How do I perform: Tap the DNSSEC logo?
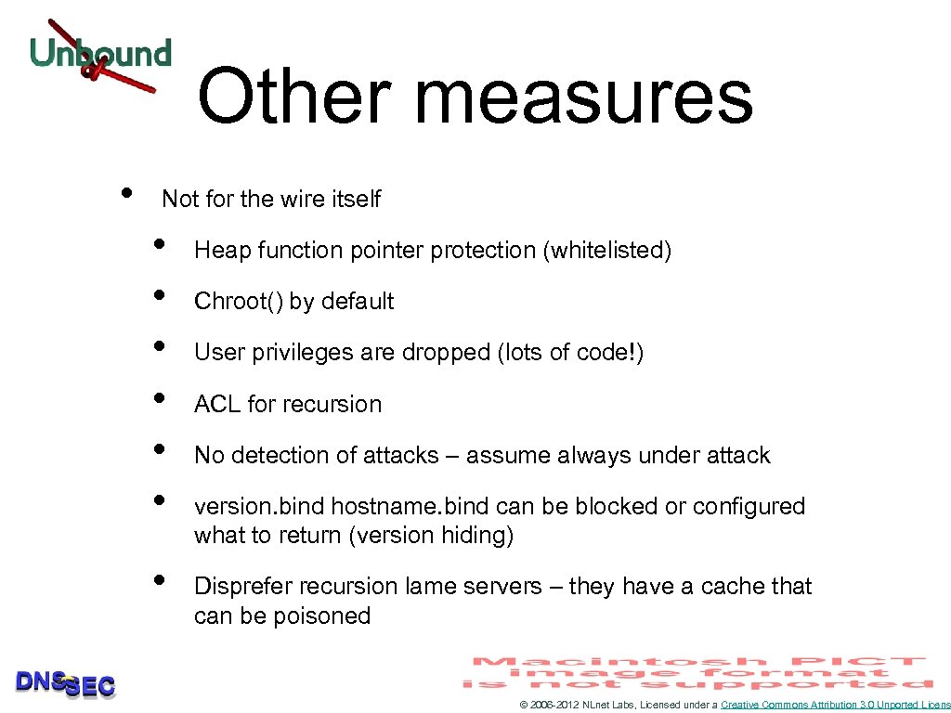(65, 683)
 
